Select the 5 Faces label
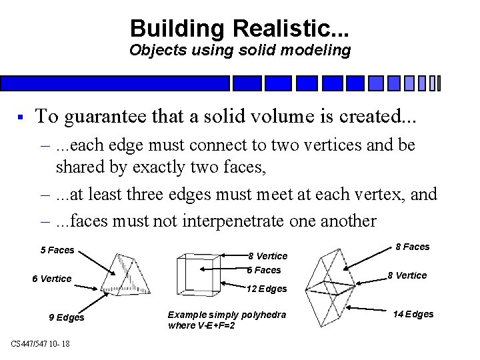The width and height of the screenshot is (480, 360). (x=57, y=250)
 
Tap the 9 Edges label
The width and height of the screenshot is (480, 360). (x=67, y=317)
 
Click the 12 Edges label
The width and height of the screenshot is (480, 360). (x=267, y=289)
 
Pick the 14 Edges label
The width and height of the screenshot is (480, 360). (x=413, y=314)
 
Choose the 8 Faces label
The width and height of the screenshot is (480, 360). (x=413, y=247)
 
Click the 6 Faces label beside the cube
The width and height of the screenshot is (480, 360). (x=264, y=270)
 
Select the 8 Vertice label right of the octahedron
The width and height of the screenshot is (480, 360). (x=408, y=275)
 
